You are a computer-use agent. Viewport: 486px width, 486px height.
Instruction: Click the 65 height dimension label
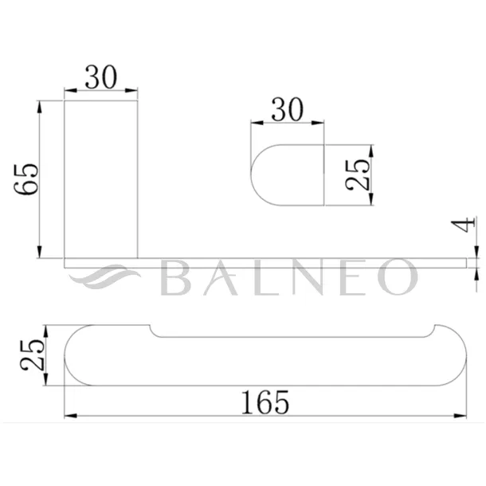coord(26,178)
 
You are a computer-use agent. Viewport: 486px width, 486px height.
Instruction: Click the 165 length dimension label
coord(265,402)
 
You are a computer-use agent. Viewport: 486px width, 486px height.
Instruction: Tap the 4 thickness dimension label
coord(463,225)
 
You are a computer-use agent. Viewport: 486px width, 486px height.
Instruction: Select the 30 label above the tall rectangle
coord(101,76)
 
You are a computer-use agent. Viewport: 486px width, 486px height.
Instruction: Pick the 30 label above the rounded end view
coord(287,109)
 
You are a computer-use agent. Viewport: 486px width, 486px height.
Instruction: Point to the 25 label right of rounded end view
coord(358,174)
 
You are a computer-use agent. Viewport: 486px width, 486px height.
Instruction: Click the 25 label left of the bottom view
coord(32,355)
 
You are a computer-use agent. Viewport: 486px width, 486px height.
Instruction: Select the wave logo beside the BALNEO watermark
coord(104,276)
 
